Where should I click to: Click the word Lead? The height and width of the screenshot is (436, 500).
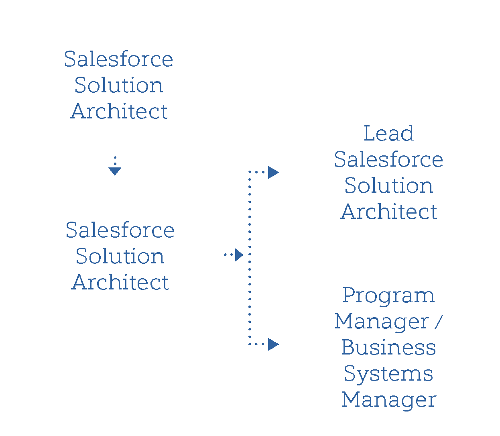point(388,134)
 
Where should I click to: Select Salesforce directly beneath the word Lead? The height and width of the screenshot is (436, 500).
point(388,160)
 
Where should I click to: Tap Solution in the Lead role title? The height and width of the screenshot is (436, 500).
point(388,186)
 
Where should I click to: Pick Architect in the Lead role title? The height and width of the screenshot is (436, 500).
point(388,212)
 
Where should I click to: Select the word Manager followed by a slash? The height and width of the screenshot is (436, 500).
point(382,322)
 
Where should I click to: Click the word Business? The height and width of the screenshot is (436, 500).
point(388,348)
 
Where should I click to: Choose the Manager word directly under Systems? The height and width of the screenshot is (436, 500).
point(388,400)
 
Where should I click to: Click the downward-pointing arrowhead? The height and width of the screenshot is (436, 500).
point(115,171)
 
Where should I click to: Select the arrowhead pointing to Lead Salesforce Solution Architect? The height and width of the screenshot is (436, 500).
point(273,172)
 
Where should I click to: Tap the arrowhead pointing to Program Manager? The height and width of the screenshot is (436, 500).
point(273,344)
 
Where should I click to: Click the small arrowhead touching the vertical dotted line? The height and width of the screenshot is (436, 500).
point(239,255)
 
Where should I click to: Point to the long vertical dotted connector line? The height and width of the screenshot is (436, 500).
point(250,281)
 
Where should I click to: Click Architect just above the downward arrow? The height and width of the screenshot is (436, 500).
point(119,112)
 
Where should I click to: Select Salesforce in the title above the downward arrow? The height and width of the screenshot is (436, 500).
point(119,59)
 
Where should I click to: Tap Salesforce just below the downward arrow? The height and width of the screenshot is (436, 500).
point(120,230)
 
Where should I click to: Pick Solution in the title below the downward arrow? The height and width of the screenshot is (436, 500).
point(120,257)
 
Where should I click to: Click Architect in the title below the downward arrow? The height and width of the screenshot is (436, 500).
point(120,283)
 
